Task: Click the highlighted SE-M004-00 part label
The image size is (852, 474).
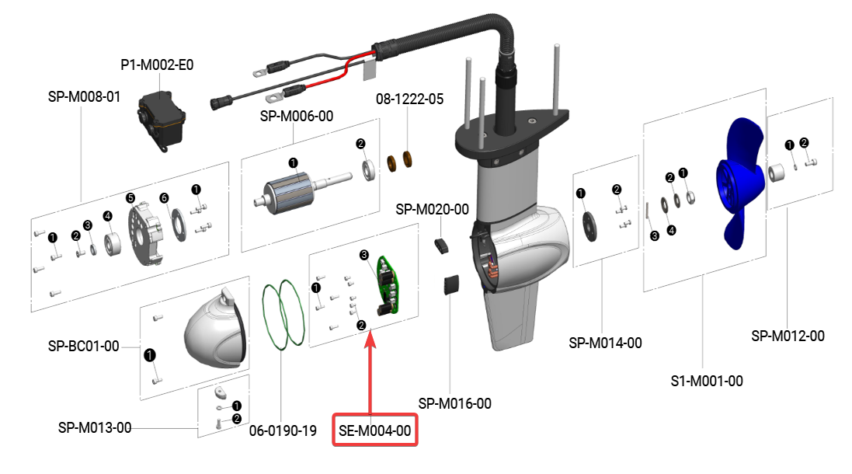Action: [375, 430]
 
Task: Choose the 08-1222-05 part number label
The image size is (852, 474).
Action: [409, 99]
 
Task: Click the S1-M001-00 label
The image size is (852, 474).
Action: [706, 381]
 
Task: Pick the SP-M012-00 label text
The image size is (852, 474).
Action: [788, 336]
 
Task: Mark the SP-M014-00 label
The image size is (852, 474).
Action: [605, 343]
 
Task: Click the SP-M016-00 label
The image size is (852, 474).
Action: [454, 403]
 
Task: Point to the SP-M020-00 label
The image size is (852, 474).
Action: [432, 210]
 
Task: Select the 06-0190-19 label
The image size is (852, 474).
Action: [283, 430]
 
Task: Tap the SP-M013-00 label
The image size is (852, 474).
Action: [95, 428]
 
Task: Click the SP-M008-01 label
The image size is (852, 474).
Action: [84, 98]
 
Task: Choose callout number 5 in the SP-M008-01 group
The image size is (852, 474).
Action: [130, 198]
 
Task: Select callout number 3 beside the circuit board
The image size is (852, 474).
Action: [363, 255]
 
